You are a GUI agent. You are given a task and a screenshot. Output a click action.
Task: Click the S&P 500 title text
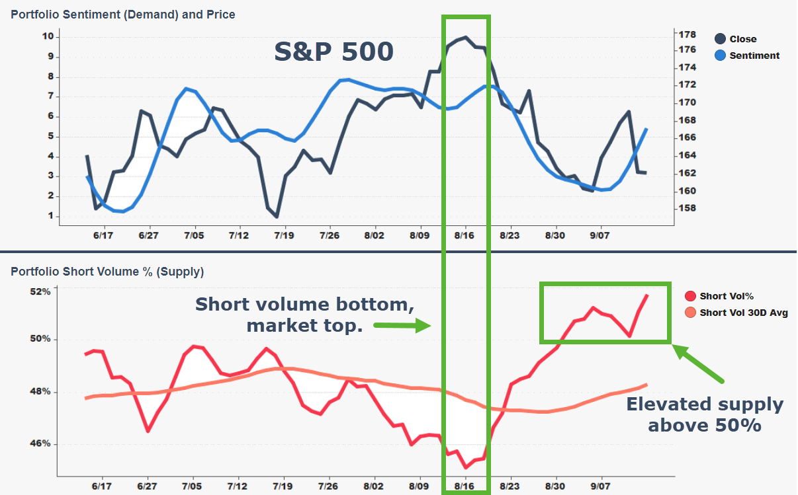(334, 52)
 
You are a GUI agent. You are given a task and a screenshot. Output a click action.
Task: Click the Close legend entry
(742, 39)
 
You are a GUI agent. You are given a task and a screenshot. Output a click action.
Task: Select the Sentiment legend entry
(754, 56)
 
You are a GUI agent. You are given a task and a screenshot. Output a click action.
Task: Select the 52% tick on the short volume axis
(41, 291)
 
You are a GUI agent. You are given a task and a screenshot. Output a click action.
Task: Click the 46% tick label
(41, 444)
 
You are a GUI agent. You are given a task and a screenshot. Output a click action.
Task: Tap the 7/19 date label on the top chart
(283, 235)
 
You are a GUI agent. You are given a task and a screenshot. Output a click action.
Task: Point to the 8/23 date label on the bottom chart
(510, 485)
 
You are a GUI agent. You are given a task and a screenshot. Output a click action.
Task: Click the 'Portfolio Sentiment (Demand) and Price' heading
(123, 14)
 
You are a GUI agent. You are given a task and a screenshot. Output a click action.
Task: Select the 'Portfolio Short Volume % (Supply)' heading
(107, 271)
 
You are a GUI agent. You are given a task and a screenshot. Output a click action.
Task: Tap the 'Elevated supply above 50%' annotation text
(705, 414)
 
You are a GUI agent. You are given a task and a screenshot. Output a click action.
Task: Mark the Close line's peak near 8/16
(466, 38)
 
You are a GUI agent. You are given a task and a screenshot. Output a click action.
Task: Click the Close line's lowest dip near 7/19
(277, 216)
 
